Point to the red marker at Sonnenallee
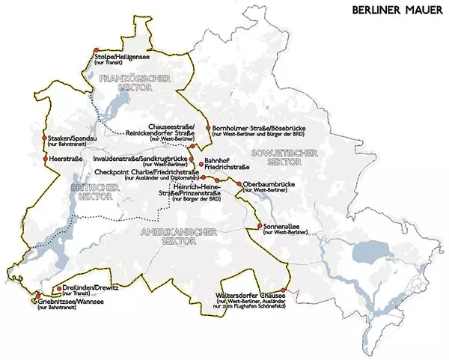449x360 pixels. tap(259, 225)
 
